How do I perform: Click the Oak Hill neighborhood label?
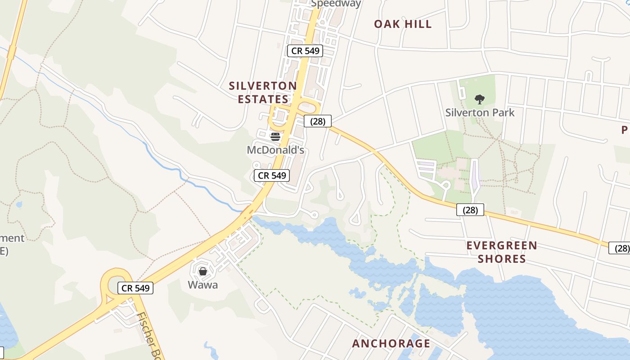coord(403,24)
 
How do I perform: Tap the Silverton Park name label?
coord(480,112)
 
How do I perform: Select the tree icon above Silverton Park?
coord(480,99)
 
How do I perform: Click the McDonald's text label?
coord(275,150)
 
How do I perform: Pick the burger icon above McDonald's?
coord(275,137)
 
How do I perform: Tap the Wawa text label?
coord(202,284)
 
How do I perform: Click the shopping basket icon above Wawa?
coord(203,271)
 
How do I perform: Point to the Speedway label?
coord(336,4)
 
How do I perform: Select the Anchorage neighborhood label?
coord(391,344)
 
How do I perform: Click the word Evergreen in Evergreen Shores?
coord(502,246)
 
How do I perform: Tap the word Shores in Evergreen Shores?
coord(502,259)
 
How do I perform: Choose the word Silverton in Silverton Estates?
coord(263,86)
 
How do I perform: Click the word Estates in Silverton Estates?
coord(263,99)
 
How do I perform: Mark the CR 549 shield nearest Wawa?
coord(135,288)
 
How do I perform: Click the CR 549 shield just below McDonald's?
coord(272,175)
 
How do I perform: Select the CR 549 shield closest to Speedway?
coord(306,51)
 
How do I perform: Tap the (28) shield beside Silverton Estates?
coord(318,121)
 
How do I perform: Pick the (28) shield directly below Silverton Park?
coord(470,210)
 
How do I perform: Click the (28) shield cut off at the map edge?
coord(620,248)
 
